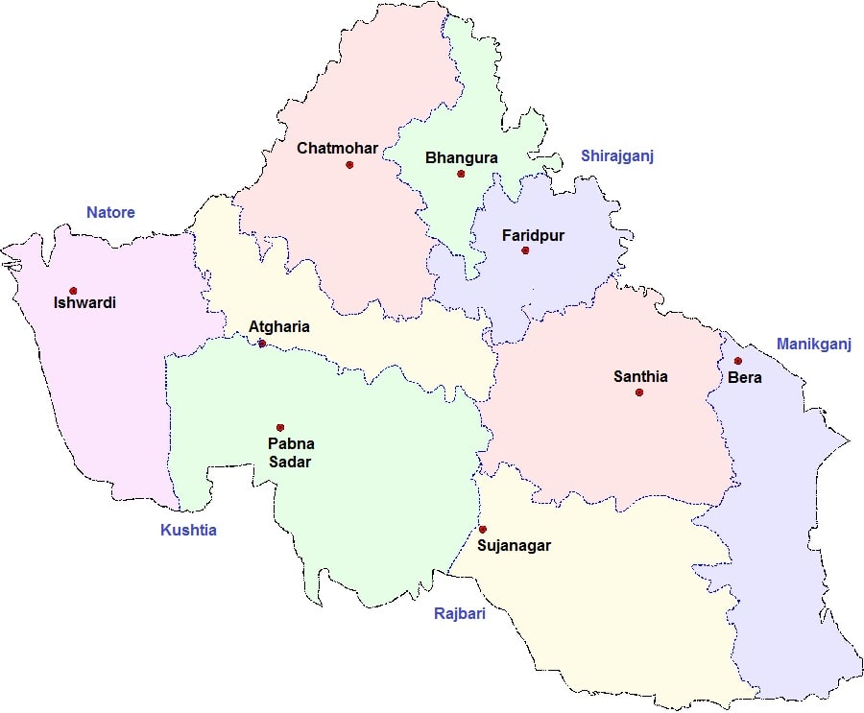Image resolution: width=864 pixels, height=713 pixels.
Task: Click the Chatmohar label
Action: [x=337, y=148]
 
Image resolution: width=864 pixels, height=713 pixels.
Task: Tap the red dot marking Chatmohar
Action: [x=349, y=165]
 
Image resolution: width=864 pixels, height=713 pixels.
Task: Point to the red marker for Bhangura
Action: [x=461, y=174]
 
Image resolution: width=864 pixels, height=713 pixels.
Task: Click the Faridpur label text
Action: [x=533, y=234]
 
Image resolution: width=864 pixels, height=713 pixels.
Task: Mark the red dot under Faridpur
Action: [x=525, y=250]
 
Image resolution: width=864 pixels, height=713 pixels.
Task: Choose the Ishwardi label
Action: [x=85, y=303]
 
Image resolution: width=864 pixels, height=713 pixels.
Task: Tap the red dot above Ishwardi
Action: [x=73, y=290]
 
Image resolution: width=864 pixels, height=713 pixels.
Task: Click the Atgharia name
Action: [x=279, y=326]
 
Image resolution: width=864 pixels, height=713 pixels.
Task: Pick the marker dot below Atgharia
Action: [x=262, y=344]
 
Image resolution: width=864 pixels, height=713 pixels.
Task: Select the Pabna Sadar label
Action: [x=291, y=453]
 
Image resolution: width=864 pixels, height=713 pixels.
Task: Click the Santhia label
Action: [x=640, y=376]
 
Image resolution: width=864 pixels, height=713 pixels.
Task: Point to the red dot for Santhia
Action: [x=639, y=392]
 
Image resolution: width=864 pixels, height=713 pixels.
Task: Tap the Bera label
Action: [x=745, y=377]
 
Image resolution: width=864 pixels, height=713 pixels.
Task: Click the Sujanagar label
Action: [x=514, y=546]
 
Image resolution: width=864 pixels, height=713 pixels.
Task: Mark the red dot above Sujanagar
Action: [x=483, y=529]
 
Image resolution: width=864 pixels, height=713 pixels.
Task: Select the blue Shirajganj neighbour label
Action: [x=616, y=156]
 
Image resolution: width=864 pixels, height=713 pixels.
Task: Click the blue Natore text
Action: [x=110, y=212]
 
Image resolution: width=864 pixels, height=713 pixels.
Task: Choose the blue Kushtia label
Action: [x=188, y=530]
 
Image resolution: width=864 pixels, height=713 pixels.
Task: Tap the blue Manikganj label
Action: [x=813, y=344]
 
